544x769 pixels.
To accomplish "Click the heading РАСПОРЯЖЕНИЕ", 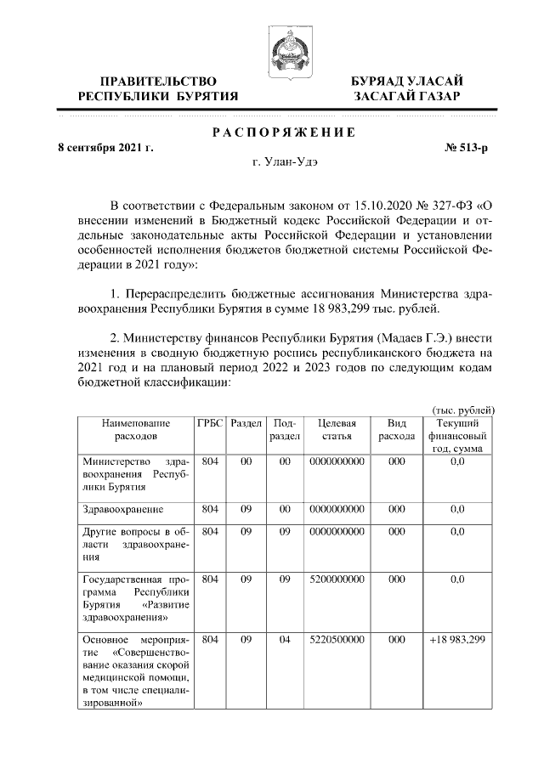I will tap(271, 132).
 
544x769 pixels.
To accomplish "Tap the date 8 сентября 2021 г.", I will tap(105, 148).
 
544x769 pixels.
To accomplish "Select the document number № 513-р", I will tap(467, 148).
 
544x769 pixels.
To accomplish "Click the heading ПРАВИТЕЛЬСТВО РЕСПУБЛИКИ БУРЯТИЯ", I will tap(157, 88).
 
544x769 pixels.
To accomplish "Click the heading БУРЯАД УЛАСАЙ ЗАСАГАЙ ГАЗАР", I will tap(408, 88).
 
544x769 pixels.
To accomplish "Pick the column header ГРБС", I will tap(211, 423).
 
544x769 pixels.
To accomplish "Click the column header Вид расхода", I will tap(396, 429).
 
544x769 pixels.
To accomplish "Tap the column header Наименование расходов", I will tap(136, 429).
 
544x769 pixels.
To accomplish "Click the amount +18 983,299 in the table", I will tap(456, 639).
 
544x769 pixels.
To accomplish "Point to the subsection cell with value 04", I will tap(285, 639).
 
